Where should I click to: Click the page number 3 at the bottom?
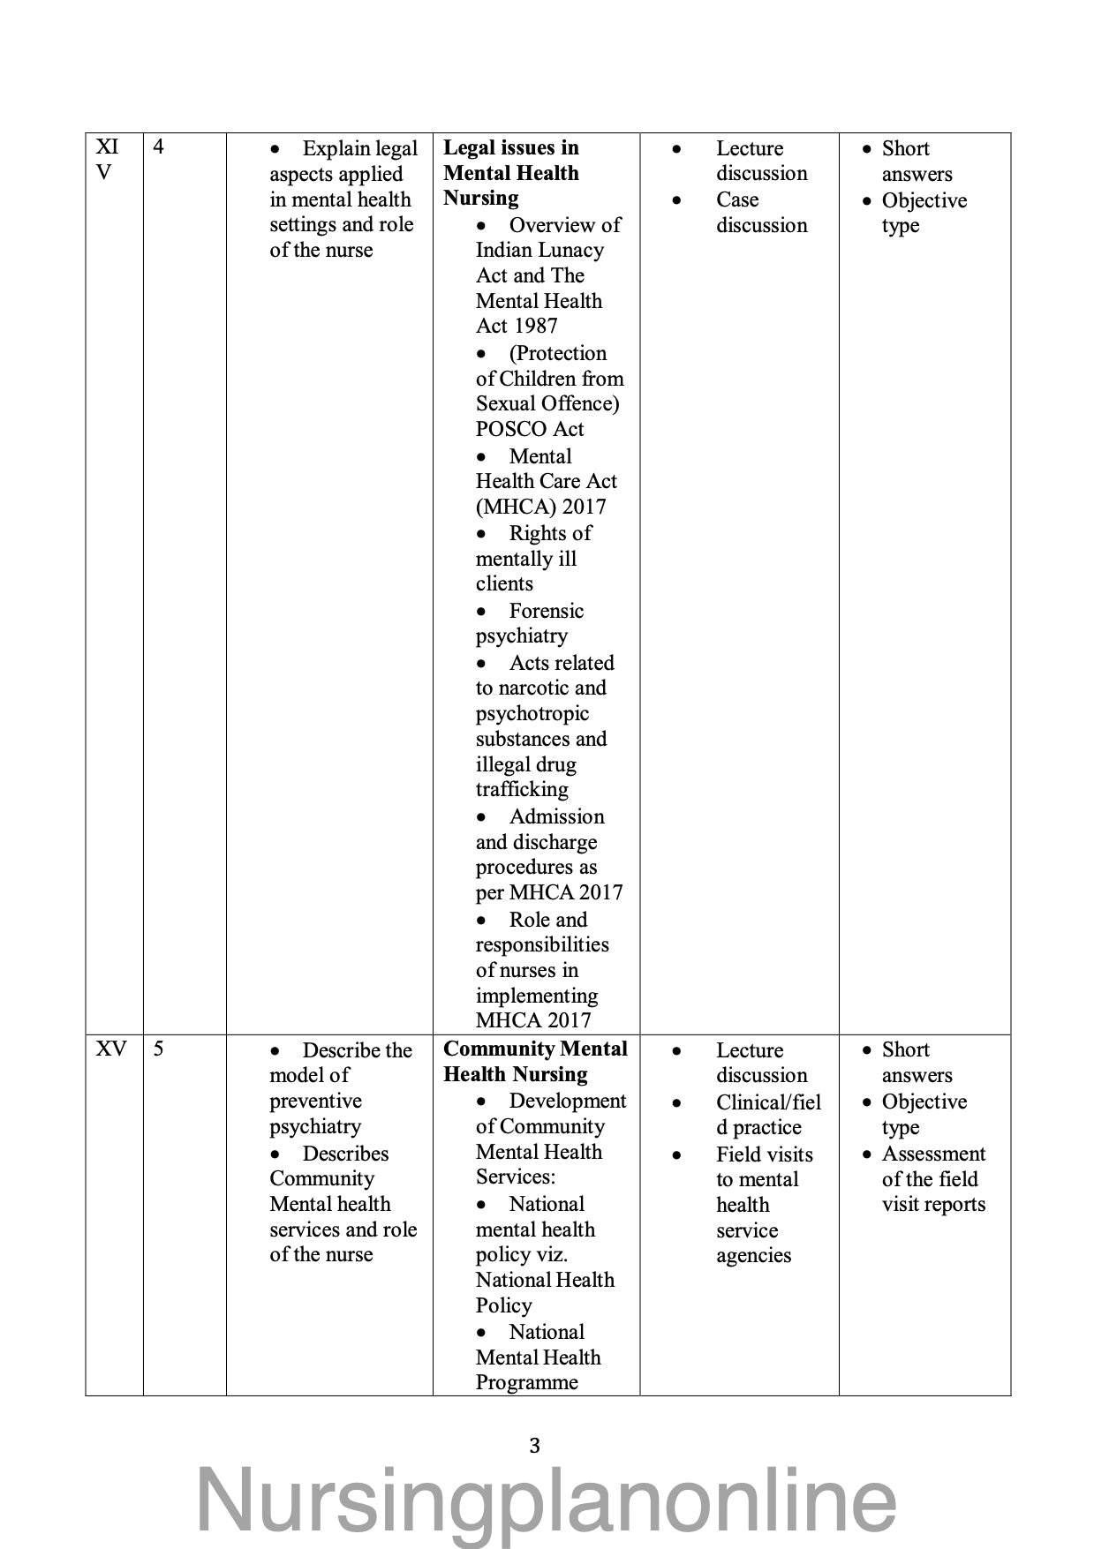point(534,1446)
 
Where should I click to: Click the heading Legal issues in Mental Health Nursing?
point(511,173)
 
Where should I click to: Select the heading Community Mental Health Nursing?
point(535,1062)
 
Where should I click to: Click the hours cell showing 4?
point(159,147)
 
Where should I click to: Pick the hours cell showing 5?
point(159,1049)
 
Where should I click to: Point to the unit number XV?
point(111,1049)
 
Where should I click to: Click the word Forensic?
point(547,611)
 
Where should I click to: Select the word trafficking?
point(522,789)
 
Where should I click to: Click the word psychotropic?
point(532,713)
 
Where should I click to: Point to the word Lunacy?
point(570,250)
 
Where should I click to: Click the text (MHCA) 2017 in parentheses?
point(540,507)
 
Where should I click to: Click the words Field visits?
point(765,1154)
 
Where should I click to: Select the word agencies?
point(753,1255)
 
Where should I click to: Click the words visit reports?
point(933,1205)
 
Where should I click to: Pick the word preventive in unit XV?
point(315,1101)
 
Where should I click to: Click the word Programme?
point(526,1382)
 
